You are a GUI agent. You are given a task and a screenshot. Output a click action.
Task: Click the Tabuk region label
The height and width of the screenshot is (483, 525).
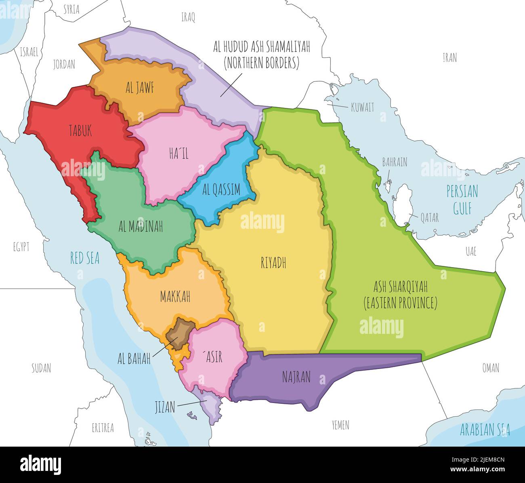[80, 131]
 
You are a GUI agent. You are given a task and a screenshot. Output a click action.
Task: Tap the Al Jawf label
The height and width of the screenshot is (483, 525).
[140, 88]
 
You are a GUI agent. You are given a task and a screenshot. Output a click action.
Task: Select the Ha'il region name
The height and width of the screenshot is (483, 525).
[178, 153]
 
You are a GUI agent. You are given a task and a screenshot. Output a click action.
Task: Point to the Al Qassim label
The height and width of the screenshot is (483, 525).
[221, 189]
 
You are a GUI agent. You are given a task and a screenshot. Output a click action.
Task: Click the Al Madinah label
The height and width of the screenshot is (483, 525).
[141, 227]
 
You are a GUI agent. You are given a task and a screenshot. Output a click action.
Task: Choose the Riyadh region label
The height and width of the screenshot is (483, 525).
[273, 263]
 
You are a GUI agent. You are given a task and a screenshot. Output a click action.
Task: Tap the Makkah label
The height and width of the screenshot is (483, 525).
[175, 297]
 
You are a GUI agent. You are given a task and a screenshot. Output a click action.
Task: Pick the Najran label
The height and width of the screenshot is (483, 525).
[296, 377]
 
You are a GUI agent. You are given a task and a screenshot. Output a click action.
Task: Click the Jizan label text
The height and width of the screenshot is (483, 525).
[165, 407]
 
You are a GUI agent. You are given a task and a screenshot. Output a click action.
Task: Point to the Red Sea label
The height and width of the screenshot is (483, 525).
[85, 258]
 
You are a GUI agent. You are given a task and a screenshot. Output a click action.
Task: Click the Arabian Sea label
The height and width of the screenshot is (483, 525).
[485, 430]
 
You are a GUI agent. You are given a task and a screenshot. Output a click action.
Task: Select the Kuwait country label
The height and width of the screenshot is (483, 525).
[362, 107]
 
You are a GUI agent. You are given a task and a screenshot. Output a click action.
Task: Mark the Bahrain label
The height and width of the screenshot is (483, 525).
[395, 162]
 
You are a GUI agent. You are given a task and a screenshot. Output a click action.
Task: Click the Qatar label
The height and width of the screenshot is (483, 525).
[429, 217]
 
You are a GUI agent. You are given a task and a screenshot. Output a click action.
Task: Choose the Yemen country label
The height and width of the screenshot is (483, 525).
[340, 425]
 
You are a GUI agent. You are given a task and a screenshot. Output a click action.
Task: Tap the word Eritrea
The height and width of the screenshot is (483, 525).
[103, 428]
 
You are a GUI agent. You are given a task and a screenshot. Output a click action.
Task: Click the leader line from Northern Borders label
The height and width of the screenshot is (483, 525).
[231, 85]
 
